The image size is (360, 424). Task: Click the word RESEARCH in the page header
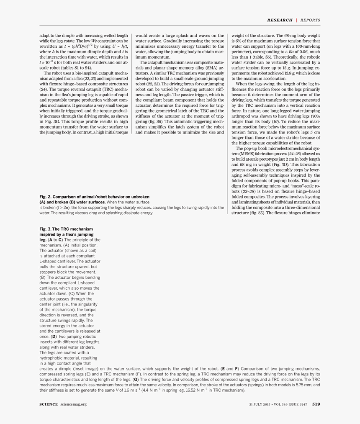(280, 20)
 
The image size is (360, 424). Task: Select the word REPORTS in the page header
(310, 20)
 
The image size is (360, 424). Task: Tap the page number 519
(316, 404)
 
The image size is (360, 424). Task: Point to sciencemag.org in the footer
(73, 404)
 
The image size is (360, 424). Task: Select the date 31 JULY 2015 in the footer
(258, 404)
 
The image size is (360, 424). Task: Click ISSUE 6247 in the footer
(298, 404)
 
